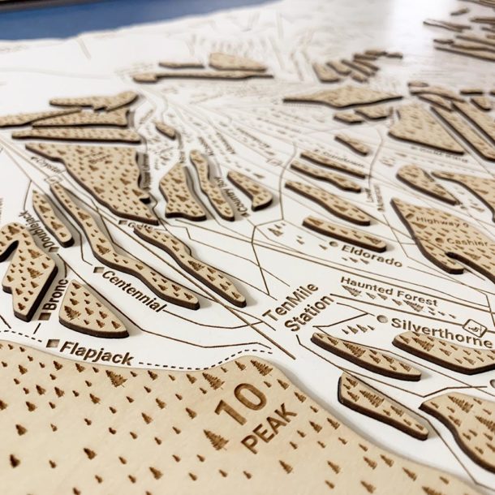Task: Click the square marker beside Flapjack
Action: pos(52,343)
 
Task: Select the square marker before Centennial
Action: pos(98,269)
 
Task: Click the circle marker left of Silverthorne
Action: pos(382,319)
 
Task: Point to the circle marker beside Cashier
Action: pos(439,241)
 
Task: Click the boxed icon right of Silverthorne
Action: pos(479,329)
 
